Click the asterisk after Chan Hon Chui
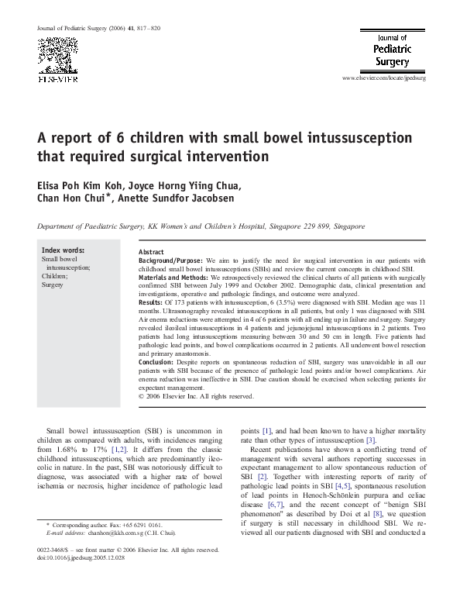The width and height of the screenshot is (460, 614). pos(111,196)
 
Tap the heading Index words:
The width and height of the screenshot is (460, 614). pos(64,250)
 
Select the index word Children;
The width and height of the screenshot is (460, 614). pos(55,276)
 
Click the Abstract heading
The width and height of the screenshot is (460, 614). pos(151,253)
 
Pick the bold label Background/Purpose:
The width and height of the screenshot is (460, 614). pos(171,261)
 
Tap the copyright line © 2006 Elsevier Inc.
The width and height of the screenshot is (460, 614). pos(196,396)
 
